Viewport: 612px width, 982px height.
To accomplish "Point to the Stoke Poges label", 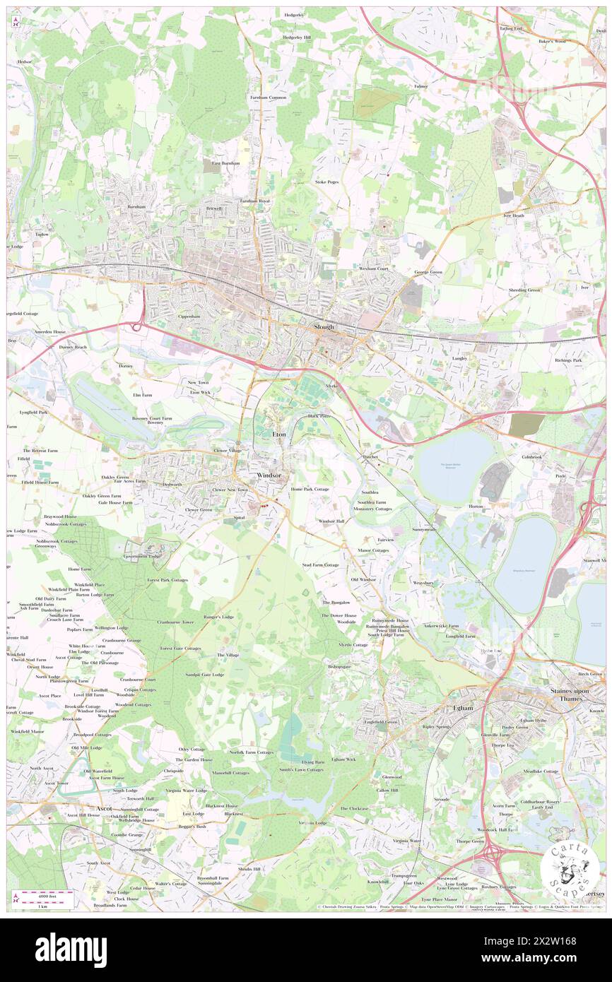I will point(327,182).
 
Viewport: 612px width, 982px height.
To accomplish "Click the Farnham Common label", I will point(268,97).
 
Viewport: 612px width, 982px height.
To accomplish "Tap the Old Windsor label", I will point(364,579).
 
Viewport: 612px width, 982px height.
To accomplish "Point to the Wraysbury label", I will point(423,583).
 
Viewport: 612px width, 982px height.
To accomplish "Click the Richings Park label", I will point(568,360).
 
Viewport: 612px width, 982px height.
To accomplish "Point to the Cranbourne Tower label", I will point(175,622).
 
